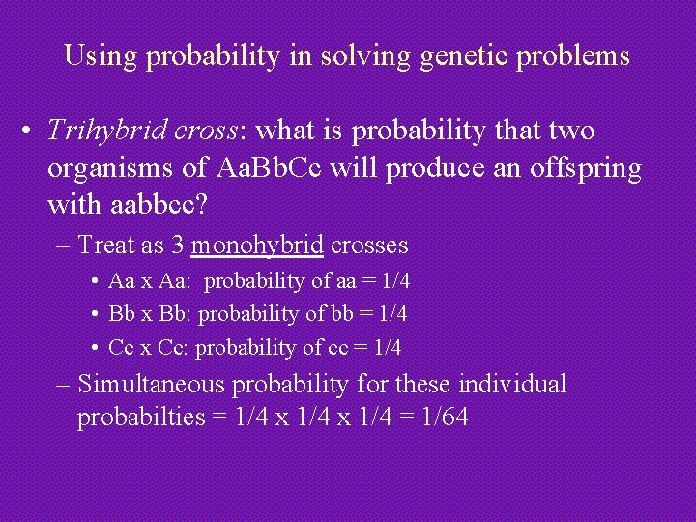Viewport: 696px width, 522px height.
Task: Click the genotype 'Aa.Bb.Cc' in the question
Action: coord(277,168)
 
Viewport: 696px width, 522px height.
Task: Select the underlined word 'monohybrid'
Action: coord(257,246)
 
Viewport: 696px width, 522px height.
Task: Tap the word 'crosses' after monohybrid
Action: coord(368,246)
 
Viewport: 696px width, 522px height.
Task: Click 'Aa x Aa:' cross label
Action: coord(152,282)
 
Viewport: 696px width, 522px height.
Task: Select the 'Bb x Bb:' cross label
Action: coord(152,314)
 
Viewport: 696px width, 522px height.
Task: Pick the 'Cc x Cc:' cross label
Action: coord(151,347)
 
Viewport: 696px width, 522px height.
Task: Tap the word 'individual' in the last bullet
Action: coord(511,385)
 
